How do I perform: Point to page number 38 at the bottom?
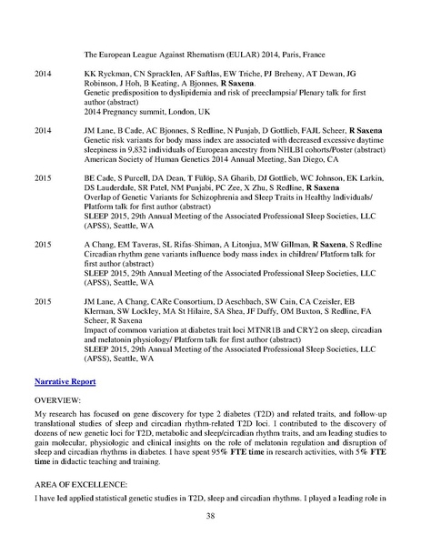pyautogui.click(x=210, y=517)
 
